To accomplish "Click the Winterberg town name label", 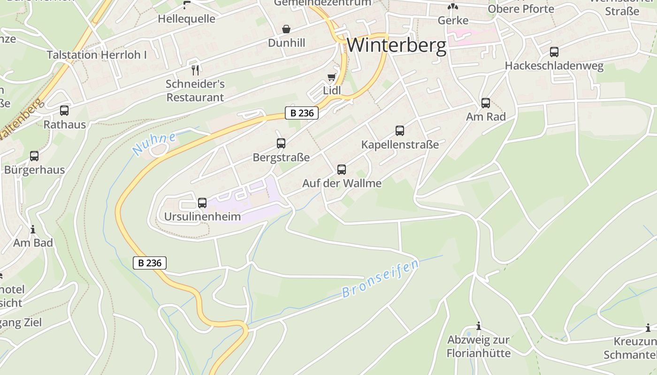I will [397, 45].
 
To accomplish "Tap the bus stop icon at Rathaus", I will [64, 111].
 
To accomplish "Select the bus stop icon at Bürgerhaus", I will [34, 156].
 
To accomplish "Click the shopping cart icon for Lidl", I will [332, 77].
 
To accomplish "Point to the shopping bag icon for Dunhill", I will [286, 30].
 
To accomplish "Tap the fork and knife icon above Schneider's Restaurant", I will [195, 70].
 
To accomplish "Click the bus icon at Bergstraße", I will [281, 143].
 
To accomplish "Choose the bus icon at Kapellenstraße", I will [400, 131].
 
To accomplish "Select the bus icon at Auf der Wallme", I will [342, 170].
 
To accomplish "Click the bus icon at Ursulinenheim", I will [202, 203].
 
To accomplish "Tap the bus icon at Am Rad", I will [486, 103].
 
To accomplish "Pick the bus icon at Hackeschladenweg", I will [554, 52].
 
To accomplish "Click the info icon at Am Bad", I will [33, 229].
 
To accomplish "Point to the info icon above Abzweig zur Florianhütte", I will [479, 326].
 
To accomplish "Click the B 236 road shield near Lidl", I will [302, 113].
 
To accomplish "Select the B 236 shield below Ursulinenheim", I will [150, 263].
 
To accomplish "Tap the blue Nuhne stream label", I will [154, 143].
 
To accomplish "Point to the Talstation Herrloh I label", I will [97, 55].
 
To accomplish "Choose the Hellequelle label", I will [187, 19].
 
